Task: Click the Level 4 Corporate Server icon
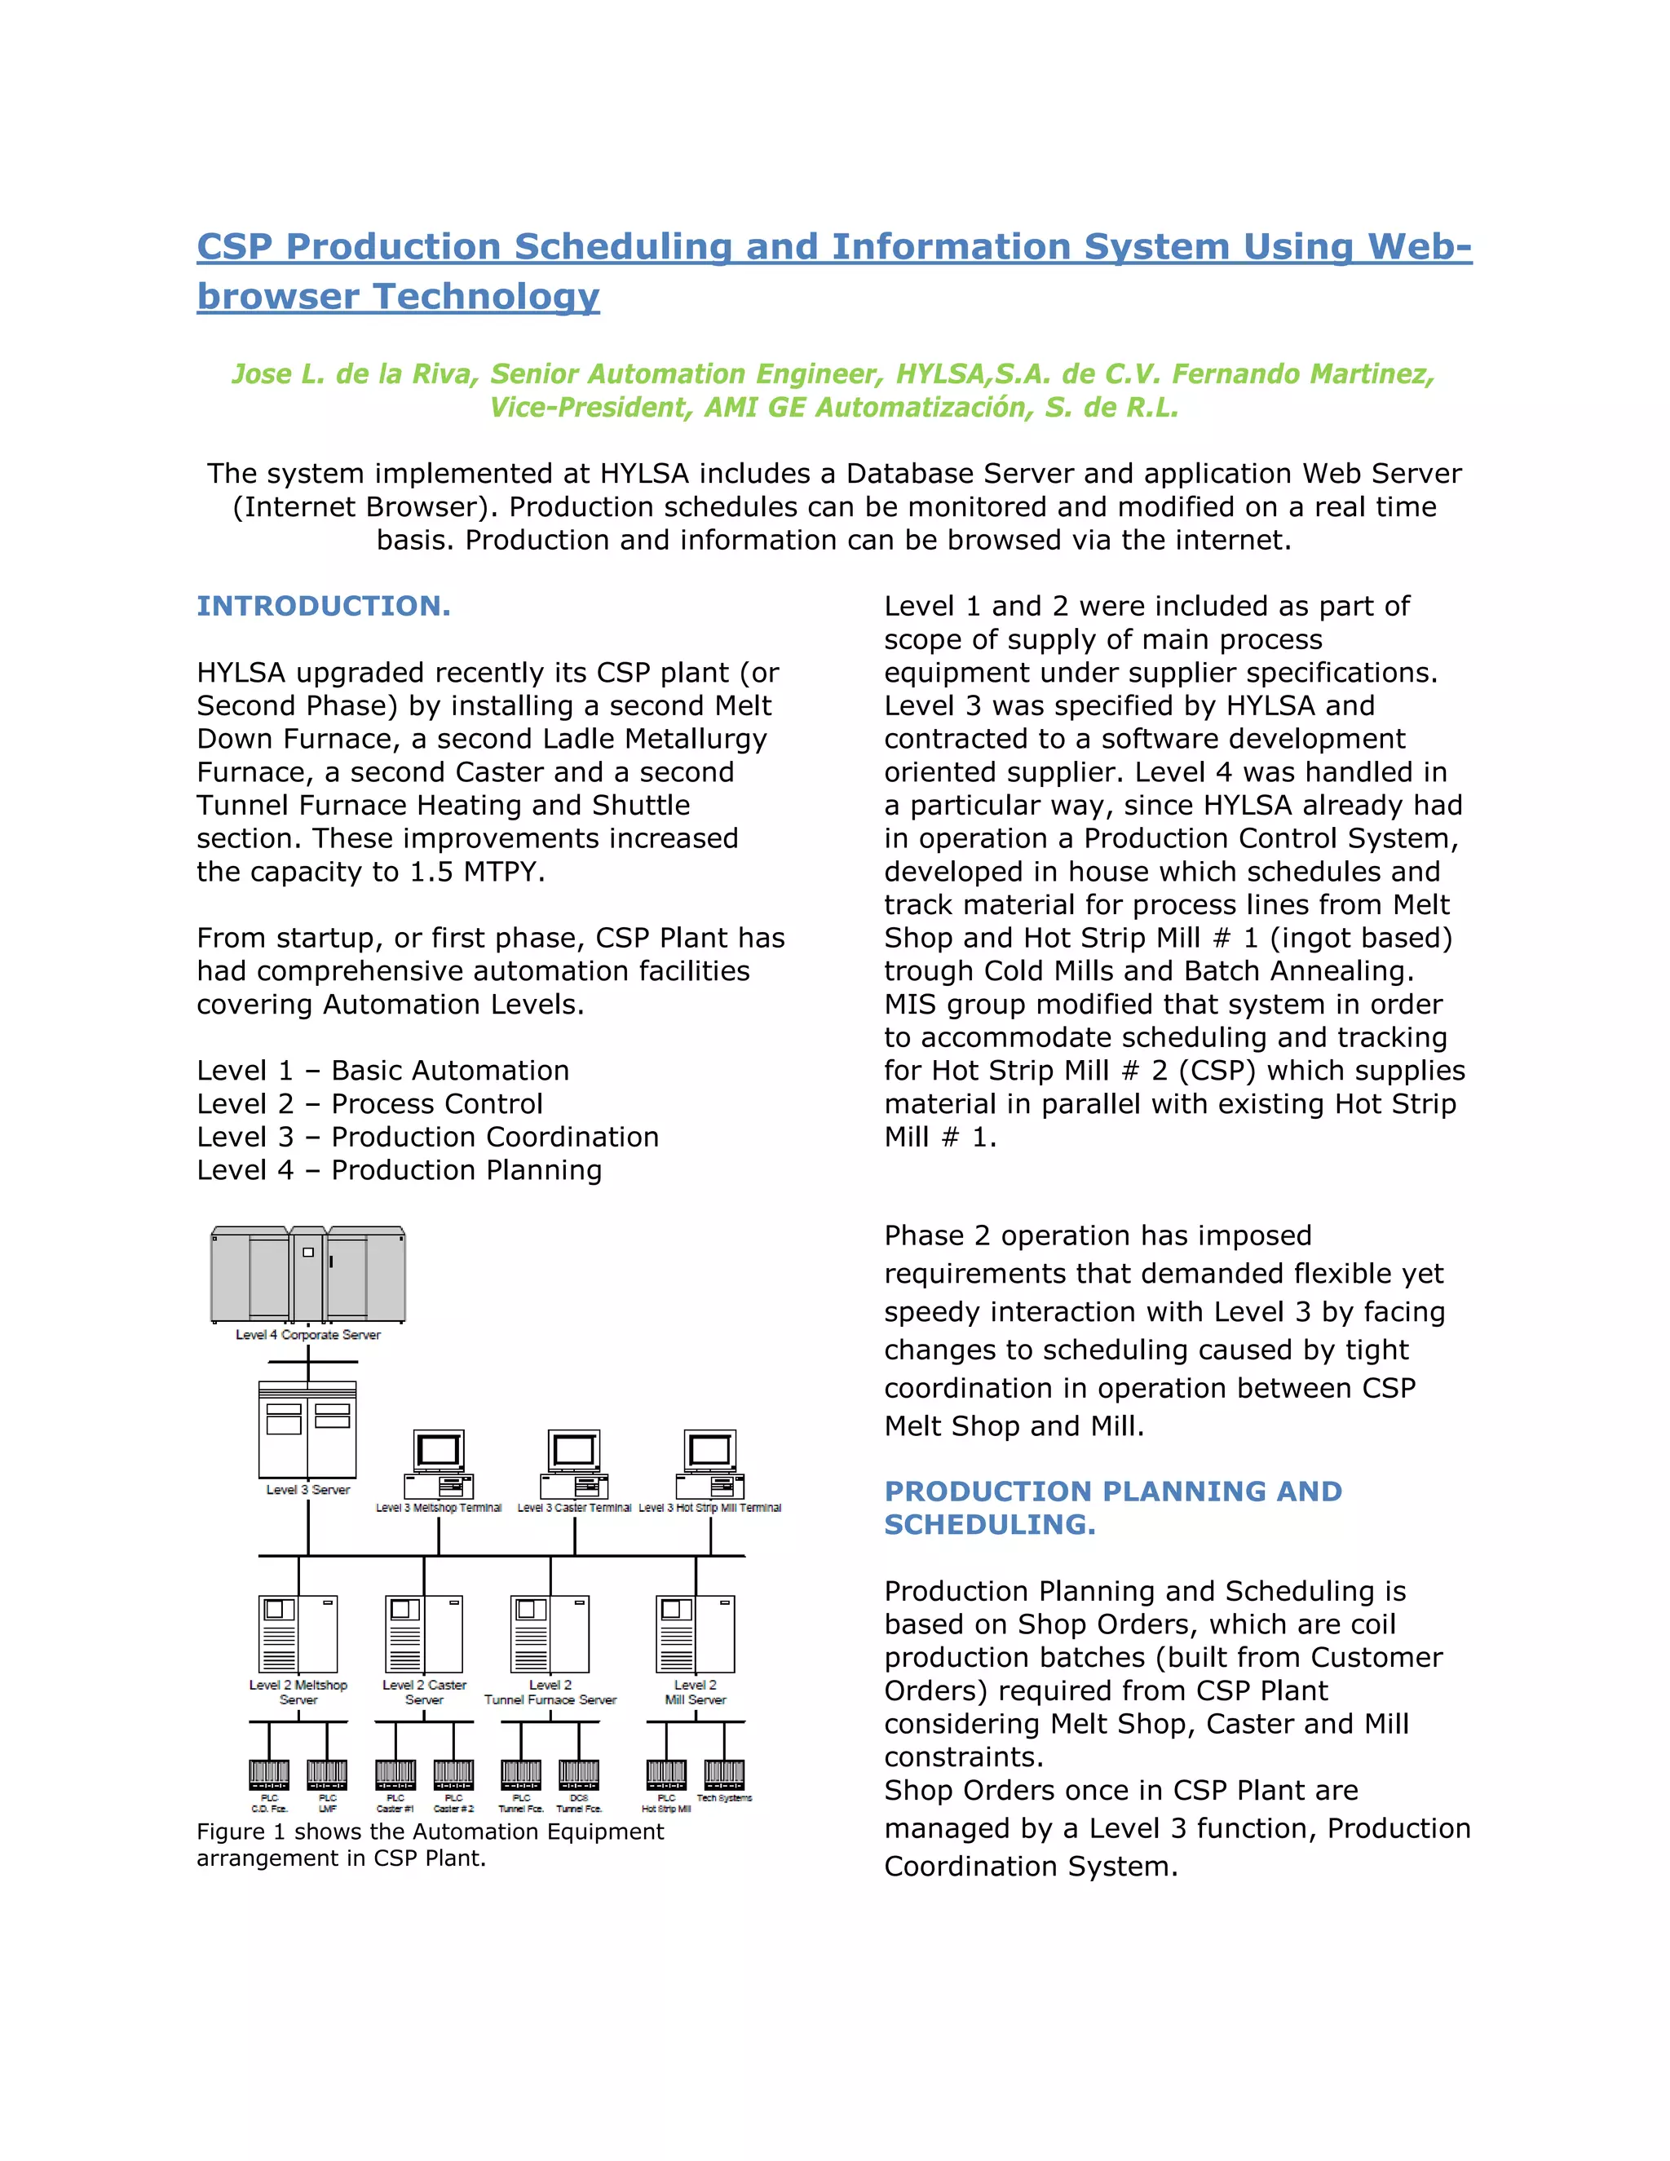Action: tap(307, 1275)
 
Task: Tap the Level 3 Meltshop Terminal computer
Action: tap(438, 1464)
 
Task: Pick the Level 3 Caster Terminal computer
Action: tap(574, 1464)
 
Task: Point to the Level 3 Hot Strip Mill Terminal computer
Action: tap(709, 1464)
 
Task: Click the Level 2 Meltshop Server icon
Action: tap(298, 1633)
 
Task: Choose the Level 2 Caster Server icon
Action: tap(423, 1633)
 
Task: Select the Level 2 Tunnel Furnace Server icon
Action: tap(550, 1633)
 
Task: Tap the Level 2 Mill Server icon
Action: tap(696, 1633)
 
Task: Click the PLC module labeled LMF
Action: tap(328, 1773)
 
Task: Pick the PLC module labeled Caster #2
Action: tap(453, 1773)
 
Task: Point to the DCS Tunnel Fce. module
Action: tap(579, 1773)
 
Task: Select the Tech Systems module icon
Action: tap(724, 1773)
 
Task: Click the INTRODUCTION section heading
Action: tap(324, 606)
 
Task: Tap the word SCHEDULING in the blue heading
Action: tap(989, 1525)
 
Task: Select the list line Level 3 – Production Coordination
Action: tap(427, 1137)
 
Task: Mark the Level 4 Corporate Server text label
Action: tap(307, 1335)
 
